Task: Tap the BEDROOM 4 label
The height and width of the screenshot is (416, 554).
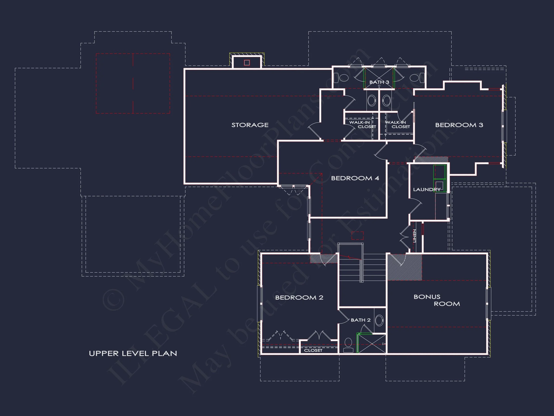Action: tap(355, 178)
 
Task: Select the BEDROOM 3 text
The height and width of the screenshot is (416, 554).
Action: tap(459, 125)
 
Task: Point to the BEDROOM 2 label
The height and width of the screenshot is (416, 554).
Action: tap(299, 298)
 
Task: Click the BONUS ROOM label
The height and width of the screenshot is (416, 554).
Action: tap(436, 300)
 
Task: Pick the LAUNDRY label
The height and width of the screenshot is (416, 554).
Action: tap(427, 189)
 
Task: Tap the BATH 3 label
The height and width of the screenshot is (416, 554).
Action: tap(379, 82)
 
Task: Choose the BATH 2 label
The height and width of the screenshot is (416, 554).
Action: tap(360, 320)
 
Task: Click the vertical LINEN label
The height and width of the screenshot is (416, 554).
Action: tap(415, 236)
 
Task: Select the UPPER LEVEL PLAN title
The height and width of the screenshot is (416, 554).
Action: tap(133, 354)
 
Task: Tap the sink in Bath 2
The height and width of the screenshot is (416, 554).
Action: tap(379, 320)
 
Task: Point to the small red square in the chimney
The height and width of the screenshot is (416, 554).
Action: tap(247, 63)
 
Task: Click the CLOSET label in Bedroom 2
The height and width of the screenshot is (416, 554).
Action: tap(313, 351)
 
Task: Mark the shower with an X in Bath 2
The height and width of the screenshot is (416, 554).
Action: tap(372, 344)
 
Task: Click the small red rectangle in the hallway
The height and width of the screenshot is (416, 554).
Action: tap(357, 235)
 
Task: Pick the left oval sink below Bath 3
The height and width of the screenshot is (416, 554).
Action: tap(371, 101)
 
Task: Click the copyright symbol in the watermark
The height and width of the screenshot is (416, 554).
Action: tap(113, 300)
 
